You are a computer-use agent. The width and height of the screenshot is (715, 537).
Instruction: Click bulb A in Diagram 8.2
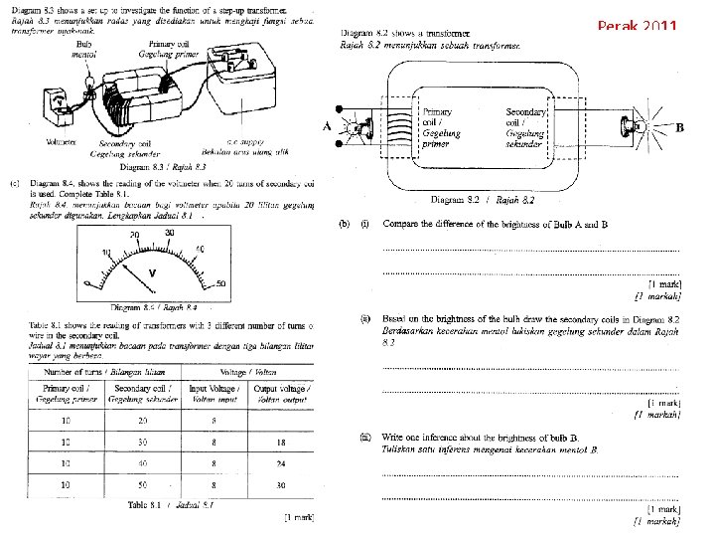click(x=356, y=127)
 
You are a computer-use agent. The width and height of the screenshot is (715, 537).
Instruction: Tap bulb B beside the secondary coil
click(x=630, y=127)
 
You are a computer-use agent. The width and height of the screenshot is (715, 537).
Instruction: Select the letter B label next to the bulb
click(x=679, y=127)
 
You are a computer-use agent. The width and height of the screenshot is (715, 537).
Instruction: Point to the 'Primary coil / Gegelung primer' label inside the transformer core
click(x=441, y=128)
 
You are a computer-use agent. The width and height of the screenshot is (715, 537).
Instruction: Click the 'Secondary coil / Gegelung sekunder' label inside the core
click(x=525, y=128)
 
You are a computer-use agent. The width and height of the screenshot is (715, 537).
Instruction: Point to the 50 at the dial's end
click(x=219, y=284)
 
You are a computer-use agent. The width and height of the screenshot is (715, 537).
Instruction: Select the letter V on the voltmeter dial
click(x=152, y=271)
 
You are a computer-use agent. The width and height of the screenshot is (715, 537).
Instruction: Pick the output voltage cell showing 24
click(x=282, y=463)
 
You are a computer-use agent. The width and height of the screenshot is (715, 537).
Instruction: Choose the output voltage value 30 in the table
click(x=282, y=485)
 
